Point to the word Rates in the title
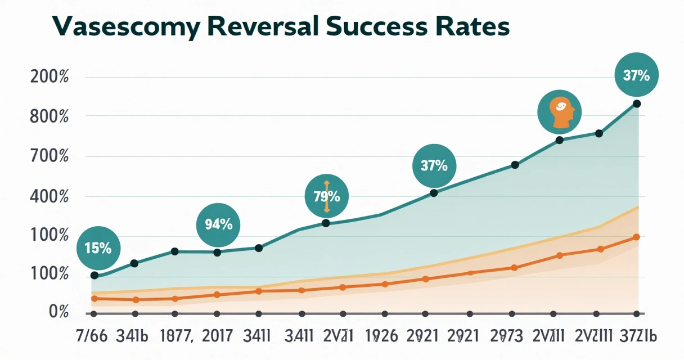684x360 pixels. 478,26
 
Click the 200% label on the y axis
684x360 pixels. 48,77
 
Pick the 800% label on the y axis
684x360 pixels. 48,118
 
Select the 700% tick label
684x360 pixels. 48,157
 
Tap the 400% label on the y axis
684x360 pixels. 48,197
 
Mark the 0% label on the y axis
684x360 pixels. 58,312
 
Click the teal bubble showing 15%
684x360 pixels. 98,248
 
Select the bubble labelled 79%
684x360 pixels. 326,197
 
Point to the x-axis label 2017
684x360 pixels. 217,336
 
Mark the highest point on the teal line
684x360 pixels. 636,103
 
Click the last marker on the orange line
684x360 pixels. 636,237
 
